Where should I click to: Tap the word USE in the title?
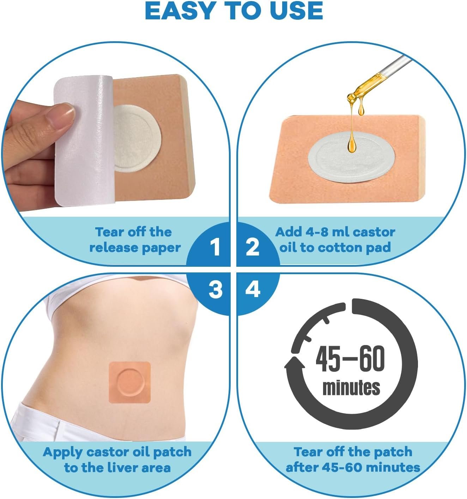pos(296,11)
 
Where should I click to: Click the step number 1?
pos(215,247)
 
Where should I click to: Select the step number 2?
pos(252,247)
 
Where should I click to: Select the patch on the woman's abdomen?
pos(130,382)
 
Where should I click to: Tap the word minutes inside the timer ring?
pos(351,387)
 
